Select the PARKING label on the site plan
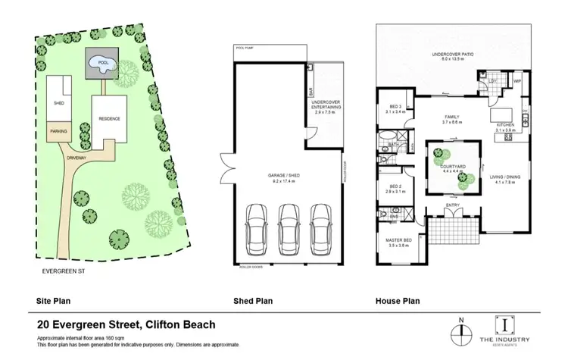click(x=58, y=131)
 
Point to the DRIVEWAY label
click(x=77, y=158)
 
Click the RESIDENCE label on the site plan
click(x=110, y=119)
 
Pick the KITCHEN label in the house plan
click(x=505, y=126)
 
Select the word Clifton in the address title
click(x=154, y=324)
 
